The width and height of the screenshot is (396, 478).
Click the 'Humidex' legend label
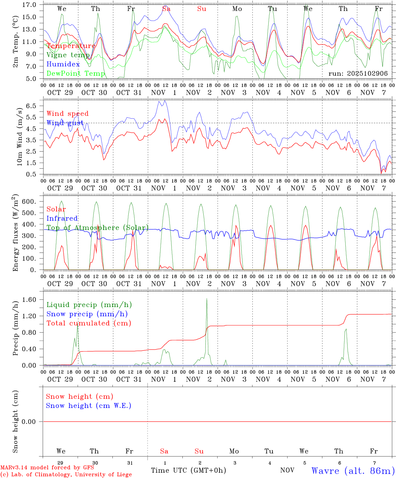pyautogui.click(x=63, y=64)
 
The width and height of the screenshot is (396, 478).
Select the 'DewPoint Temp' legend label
pyautogui.click(x=76, y=73)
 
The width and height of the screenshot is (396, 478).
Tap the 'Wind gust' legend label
pyautogui.click(x=65, y=123)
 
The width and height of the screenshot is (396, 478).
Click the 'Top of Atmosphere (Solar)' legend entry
pyautogui.click(x=97, y=228)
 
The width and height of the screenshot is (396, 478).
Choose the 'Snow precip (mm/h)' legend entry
pyautogui.click(x=87, y=314)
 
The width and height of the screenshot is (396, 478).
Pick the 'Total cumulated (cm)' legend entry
pyautogui.click(x=89, y=323)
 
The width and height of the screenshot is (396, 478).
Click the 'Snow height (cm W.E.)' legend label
pyautogui.click(x=89, y=406)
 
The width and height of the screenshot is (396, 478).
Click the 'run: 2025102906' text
pyautogui.click(x=358, y=73)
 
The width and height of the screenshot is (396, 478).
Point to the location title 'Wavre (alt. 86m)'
pyautogui.click(x=353, y=471)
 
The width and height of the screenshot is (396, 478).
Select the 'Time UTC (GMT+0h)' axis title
pyautogui.click(x=188, y=470)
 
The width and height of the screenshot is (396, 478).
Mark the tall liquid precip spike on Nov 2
pyautogui.click(x=207, y=299)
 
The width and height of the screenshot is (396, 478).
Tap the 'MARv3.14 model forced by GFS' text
pyautogui.click(x=47, y=467)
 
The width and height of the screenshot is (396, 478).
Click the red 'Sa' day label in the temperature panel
pyautogui.click(x=166, y=9)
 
